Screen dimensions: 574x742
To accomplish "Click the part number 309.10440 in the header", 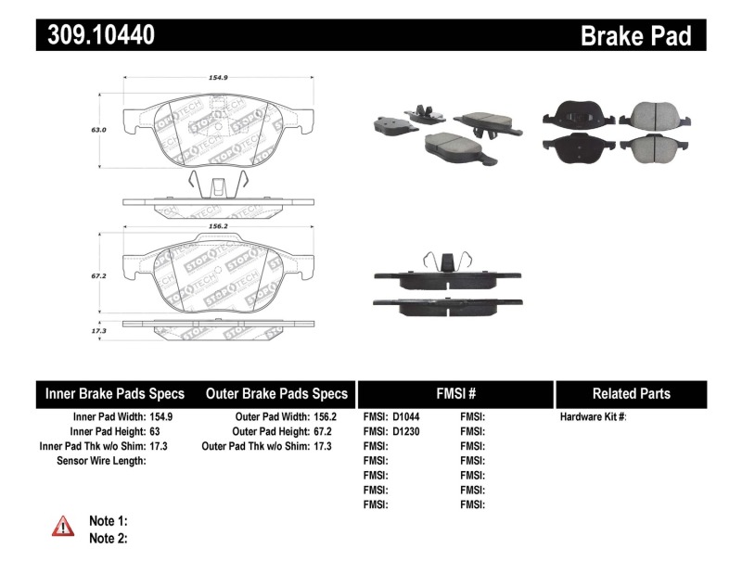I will click(x=96, y=35).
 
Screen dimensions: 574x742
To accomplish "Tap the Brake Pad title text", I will click(x=635, y=36).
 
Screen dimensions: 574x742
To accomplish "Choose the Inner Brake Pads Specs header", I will click(x=115, y=393).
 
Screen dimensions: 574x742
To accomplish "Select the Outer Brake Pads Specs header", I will click(x=275, y=393).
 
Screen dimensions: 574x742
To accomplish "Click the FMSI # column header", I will click(x=454, y=393).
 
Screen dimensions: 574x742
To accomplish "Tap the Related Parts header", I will click(x=632, y=393).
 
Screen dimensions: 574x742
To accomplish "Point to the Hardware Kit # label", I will click(x=593, y=417).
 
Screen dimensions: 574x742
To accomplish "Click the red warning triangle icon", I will click(x=63, y=527).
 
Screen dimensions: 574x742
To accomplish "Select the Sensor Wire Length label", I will click(x=101, y=460).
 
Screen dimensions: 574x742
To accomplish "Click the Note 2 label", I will click(x=108, y=538).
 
